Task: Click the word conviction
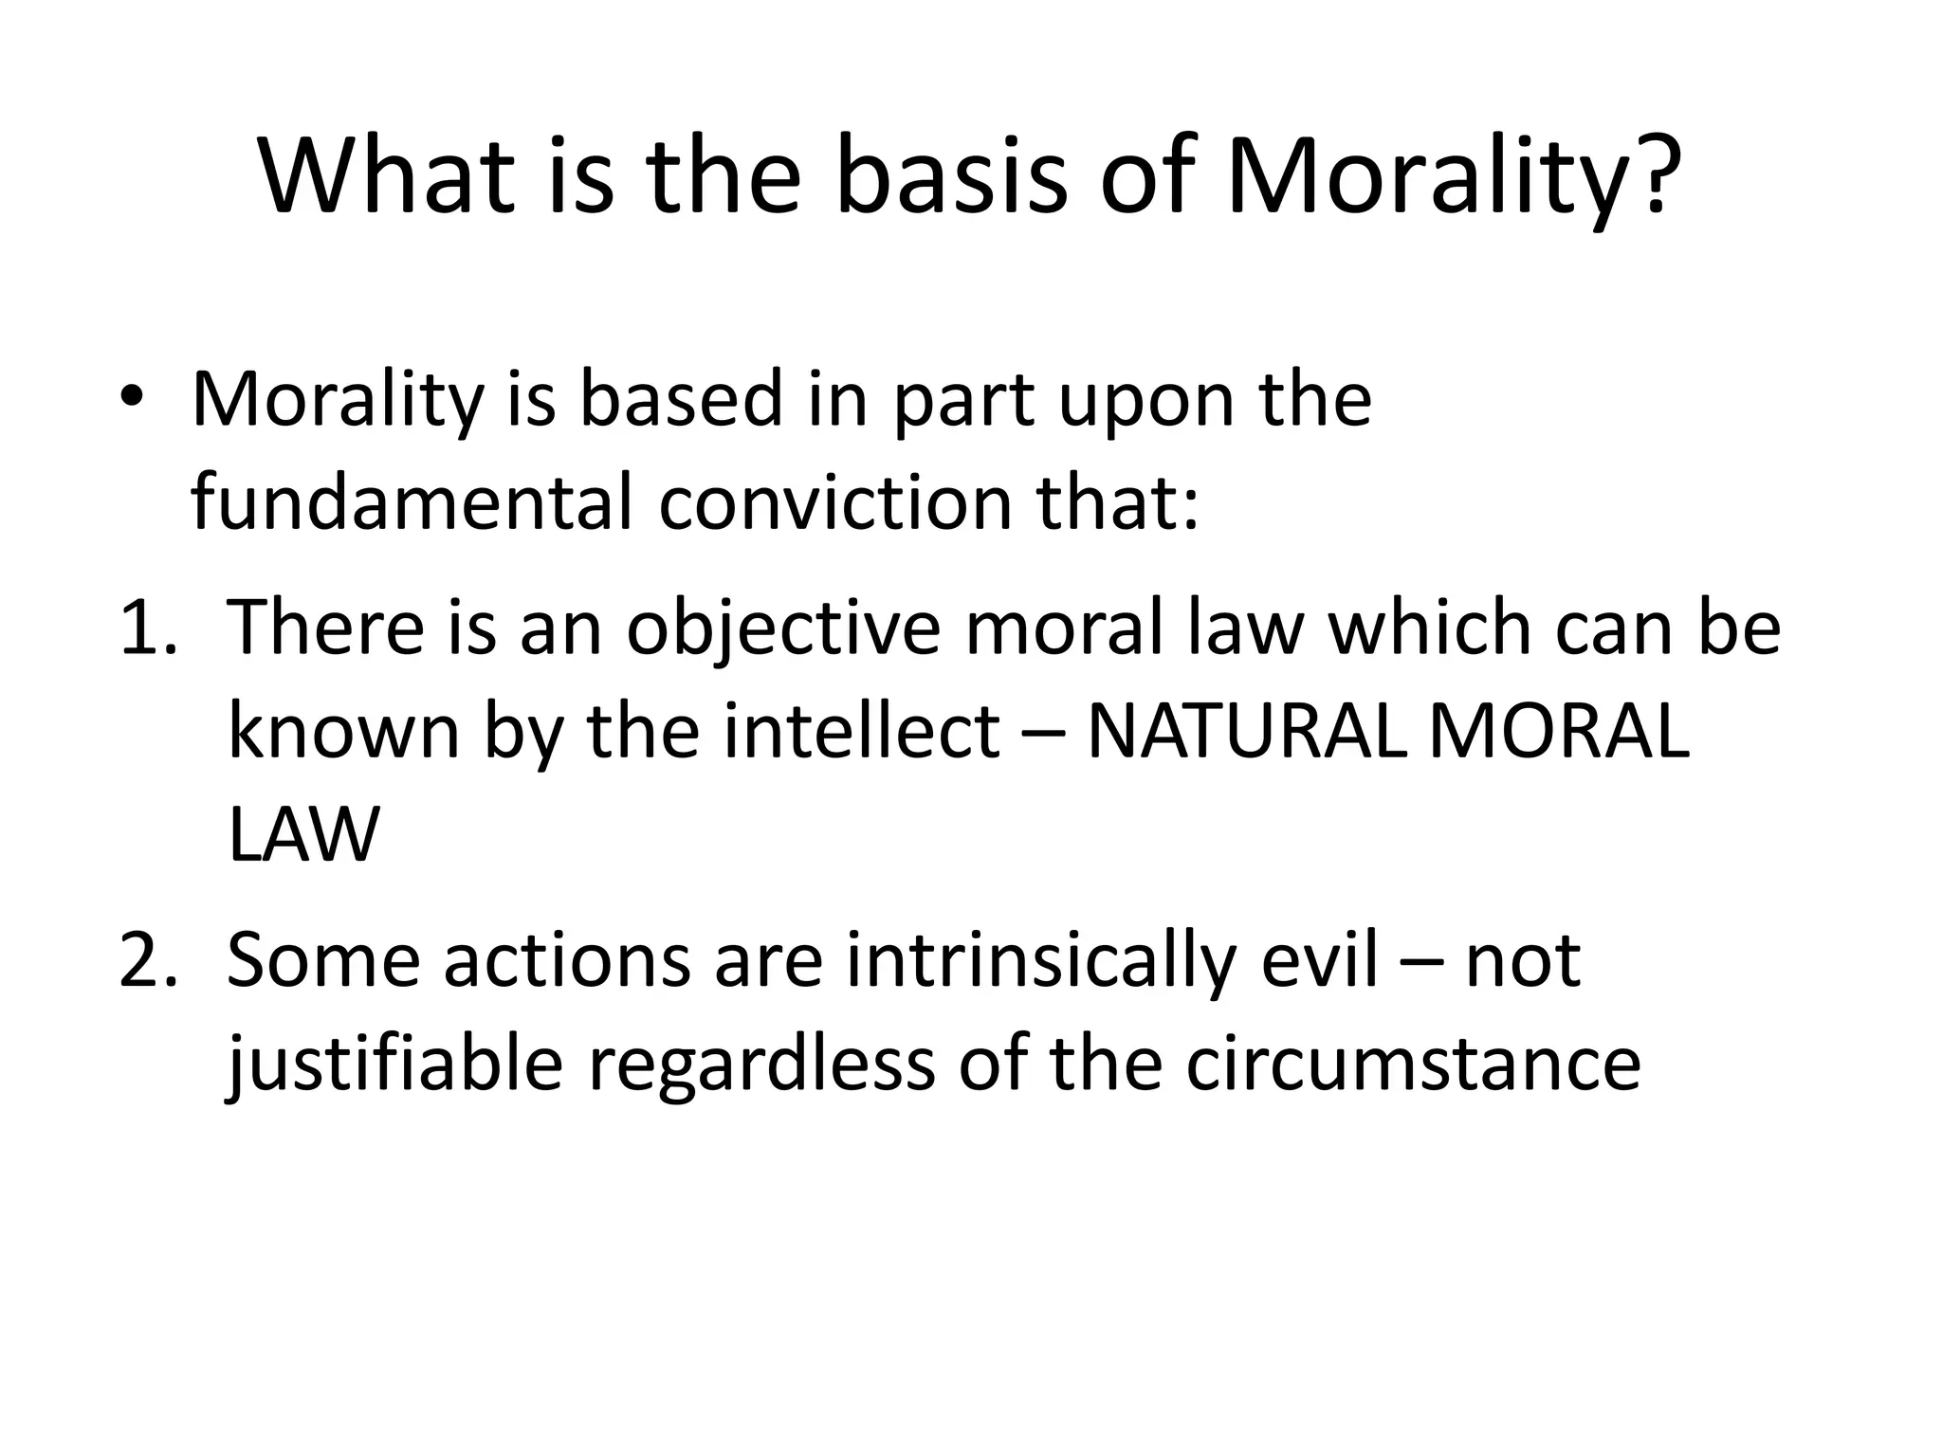[x=835, y=501]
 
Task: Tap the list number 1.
[x=147, y=628]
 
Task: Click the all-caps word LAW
[x=303, y=834]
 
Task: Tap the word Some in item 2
[x=323, y=961]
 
